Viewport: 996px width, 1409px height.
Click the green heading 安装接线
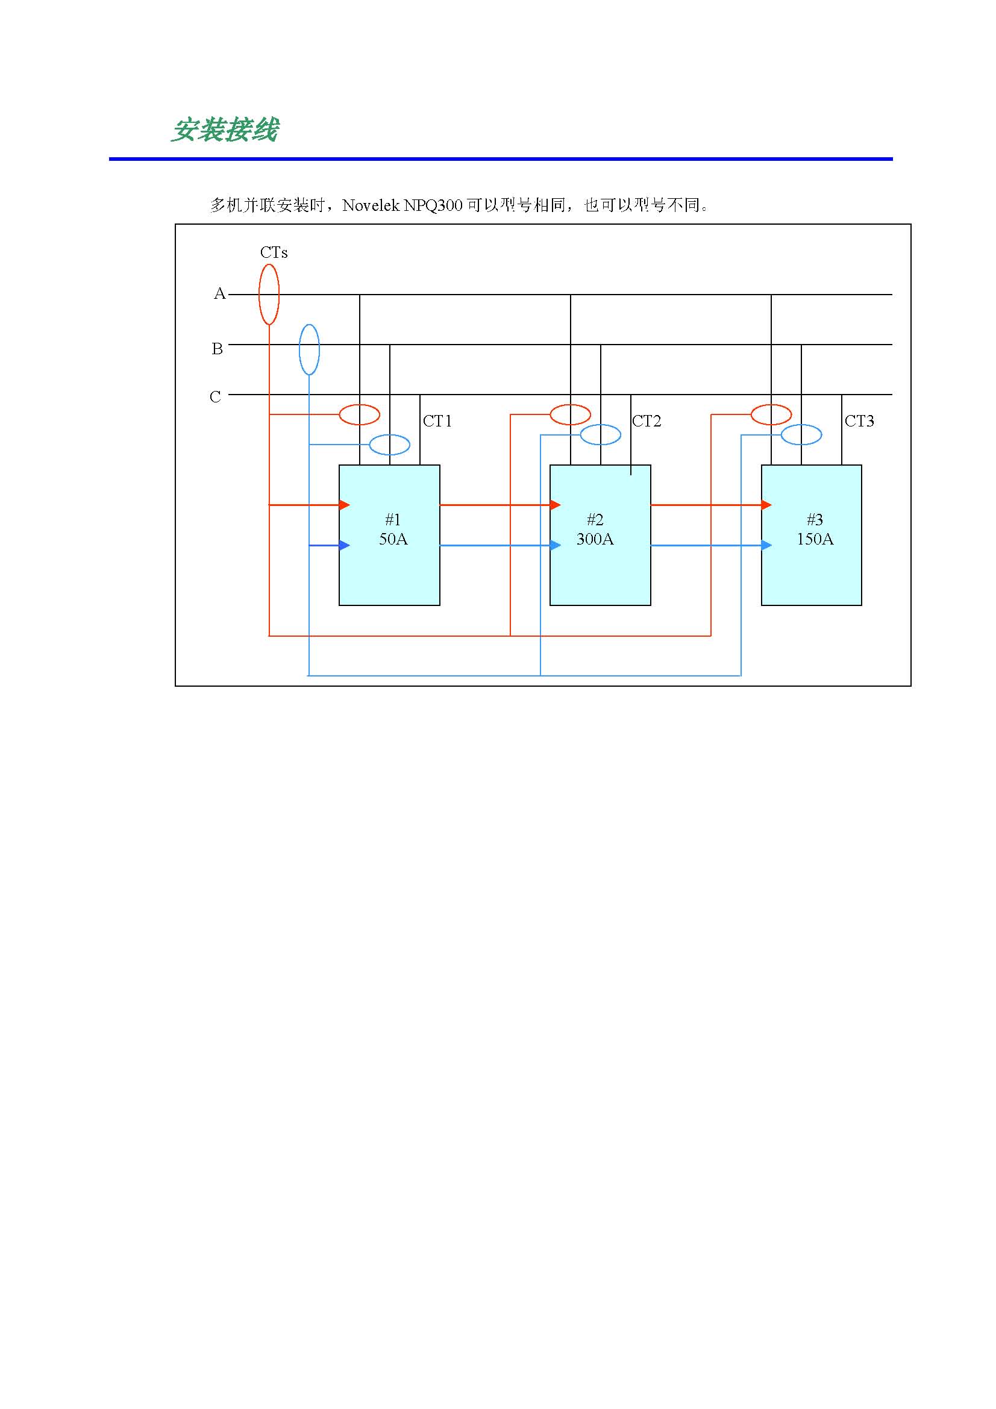pos(225,130)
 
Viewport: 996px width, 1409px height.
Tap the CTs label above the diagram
pos(274,252)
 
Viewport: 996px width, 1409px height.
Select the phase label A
pos(219,294)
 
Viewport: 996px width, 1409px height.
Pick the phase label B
pos(218,349)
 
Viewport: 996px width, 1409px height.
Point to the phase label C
pos(215,397)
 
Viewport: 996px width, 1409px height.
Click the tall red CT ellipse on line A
pos(269,294)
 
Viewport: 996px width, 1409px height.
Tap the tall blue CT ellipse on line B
pos(309,349)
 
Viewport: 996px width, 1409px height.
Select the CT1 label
pos(437,421)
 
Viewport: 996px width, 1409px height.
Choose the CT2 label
pos(647,421)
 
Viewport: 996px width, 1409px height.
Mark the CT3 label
pos(859,421)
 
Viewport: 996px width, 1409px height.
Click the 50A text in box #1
pos(393,539)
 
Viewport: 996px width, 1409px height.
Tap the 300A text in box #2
pos(595,539)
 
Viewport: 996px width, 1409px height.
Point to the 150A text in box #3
pos(815,539)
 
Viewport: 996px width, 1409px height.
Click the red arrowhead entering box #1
pos(344,505)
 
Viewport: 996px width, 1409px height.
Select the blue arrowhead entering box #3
pos(766,545)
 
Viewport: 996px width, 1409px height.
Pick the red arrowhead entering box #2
pos(556,505)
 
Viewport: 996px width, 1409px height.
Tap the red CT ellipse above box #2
pos(570,415)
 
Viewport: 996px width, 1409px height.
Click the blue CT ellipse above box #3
pos(801,435)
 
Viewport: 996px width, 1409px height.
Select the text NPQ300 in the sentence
pos(433,205)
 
